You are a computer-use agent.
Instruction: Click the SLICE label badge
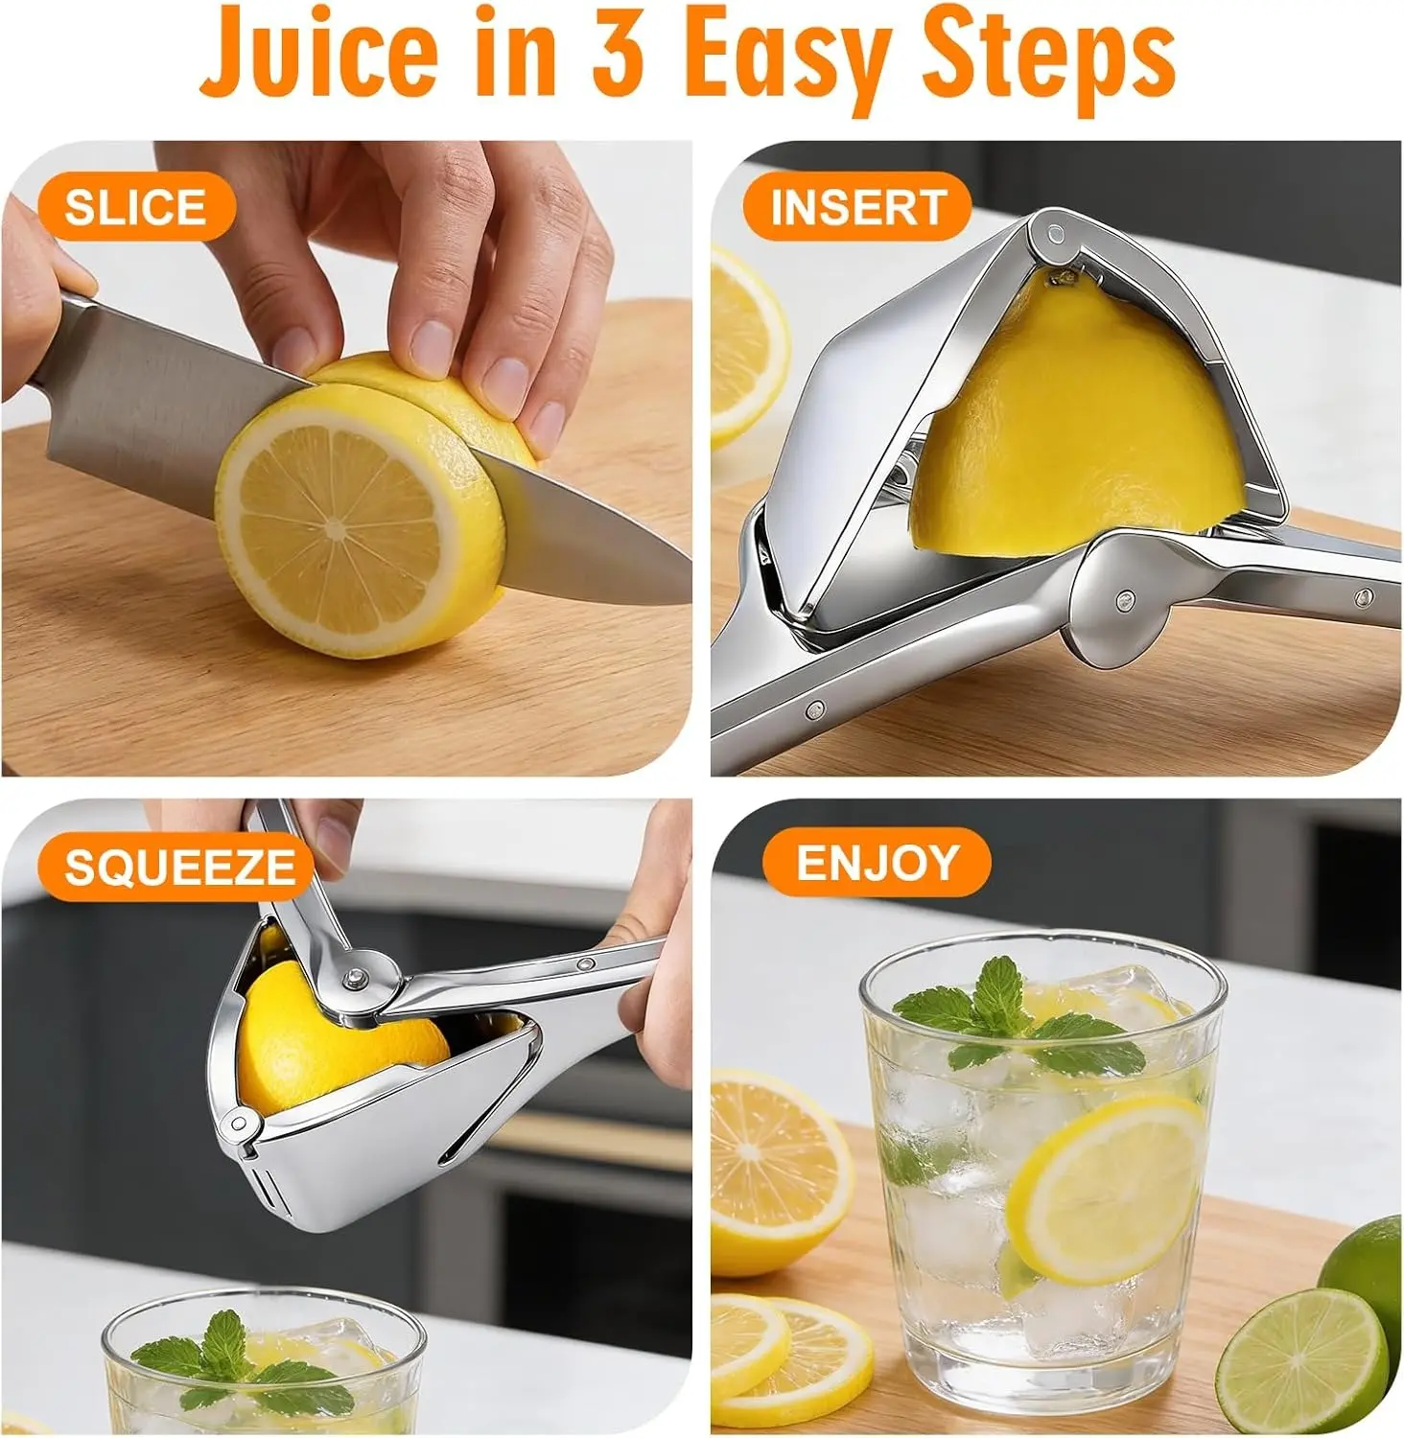(136, 207)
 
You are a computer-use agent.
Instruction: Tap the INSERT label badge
(857, 207)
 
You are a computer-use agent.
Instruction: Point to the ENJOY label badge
(877, 863)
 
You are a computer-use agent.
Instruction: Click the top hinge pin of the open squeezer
(1055, 234)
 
